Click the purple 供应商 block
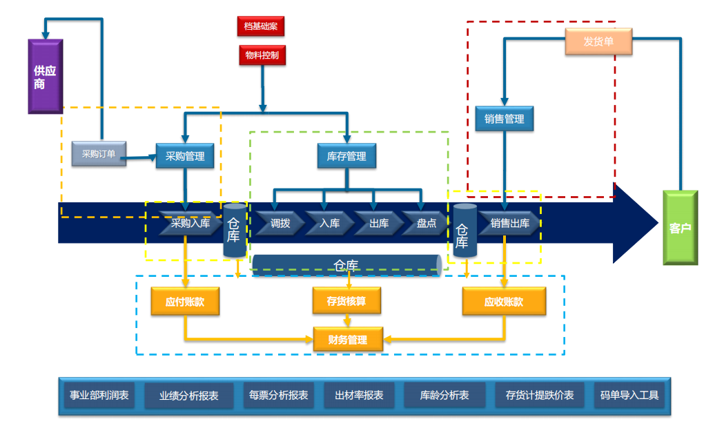click(x=45, y=76)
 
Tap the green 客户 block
click(x=680, y=228)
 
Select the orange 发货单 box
click(x=598, y=42)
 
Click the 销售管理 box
click(x=504, y=119)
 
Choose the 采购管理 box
click(x=185, y=156)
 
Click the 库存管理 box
click(x=346, y=156)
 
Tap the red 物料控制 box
click(x=262, y=55)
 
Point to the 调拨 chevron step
click(x=280, y=223)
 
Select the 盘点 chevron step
click(x=425, y=223)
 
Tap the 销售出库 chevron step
click(x=509, y=223)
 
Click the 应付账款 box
click(x=185, y=302)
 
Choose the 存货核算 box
click(x=346, y=302)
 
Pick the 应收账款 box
click(x=504, y=302)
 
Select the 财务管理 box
click(x=348, y=339)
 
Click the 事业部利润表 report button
click(x=99, y=396)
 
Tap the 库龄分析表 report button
click(x=444, y=396)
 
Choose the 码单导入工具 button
click(x=629, y=396)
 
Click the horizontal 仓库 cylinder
click(x=346, y=265)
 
